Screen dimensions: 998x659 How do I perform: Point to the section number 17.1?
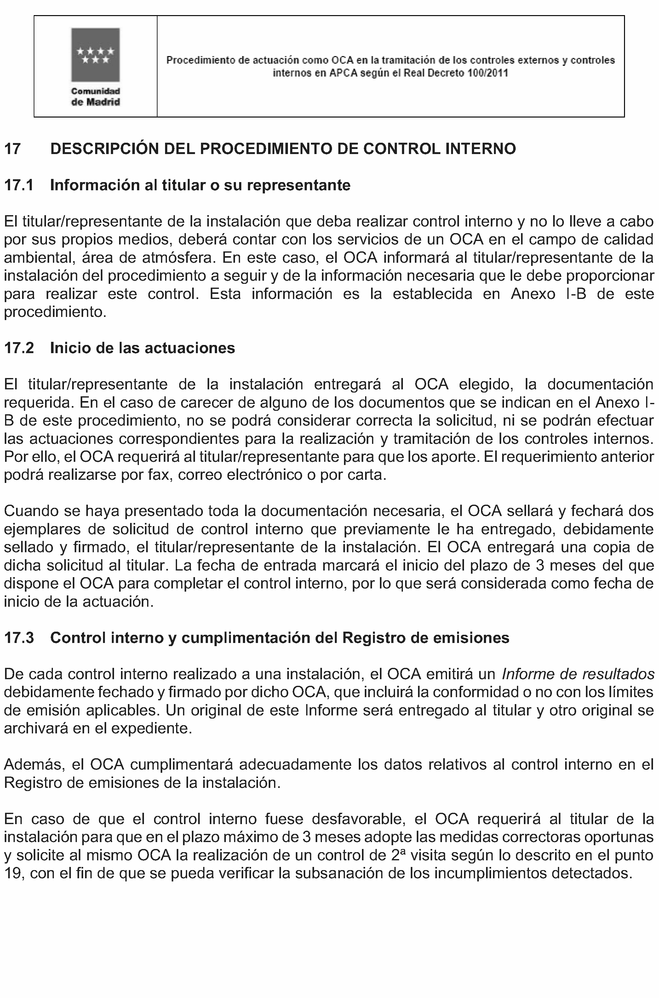(19, 185)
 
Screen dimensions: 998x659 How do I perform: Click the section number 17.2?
(19, 348)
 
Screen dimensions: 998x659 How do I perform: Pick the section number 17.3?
(19, 638)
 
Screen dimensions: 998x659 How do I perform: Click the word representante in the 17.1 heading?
(299, 185)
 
